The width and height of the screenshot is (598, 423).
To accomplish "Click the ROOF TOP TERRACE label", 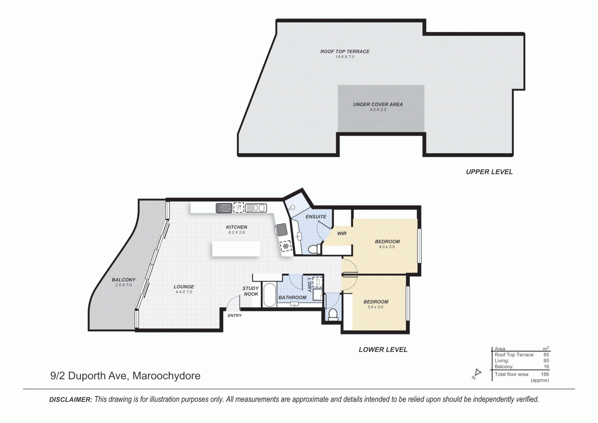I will (x=345, y=51).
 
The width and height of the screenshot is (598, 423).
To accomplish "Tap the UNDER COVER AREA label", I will (x=378, y=105).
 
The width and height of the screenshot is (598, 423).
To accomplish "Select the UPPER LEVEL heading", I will (x=489, y=172).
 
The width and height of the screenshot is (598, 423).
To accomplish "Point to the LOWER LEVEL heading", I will (x=383, y=349).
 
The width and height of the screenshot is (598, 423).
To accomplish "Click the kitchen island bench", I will (x=236, y=249).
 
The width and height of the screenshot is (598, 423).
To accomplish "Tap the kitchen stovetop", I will (x=224, y=208).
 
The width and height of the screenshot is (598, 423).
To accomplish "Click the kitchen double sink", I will (x=256, y=208).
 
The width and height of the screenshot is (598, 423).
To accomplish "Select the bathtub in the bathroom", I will (x=269, y=295).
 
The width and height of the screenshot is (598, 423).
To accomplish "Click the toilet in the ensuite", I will (x=313, y=249).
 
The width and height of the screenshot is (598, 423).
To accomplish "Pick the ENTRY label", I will (x=235, y=315).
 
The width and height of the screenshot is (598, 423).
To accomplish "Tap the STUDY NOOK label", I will (x=251, y=291).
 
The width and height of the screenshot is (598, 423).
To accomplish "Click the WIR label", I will (x=341, y=233).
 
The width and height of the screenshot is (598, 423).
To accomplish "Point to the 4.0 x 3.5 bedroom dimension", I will (x=387, y=247).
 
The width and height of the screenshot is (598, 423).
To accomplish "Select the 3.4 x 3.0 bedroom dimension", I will (x=375, y=307).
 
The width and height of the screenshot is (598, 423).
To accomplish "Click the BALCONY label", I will (x=123, y=280).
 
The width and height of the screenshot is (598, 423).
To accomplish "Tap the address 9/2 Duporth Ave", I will (x=89, y=376).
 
